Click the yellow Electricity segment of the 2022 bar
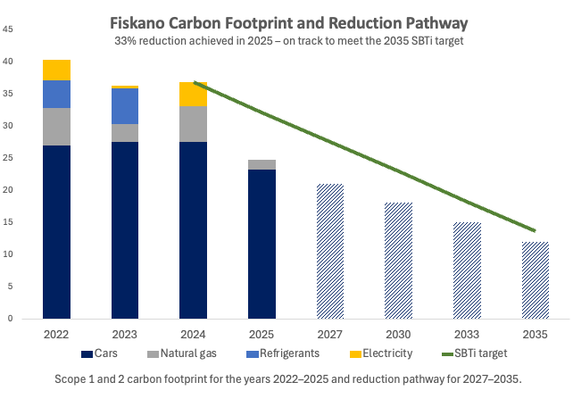(x=56, y=70)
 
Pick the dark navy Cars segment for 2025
(x=262, y=244)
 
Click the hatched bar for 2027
(x=330, y=251)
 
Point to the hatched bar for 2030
(x=398, y=260)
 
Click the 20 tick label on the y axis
(x=8, y=190)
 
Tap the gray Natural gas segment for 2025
(x=262, y=164)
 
